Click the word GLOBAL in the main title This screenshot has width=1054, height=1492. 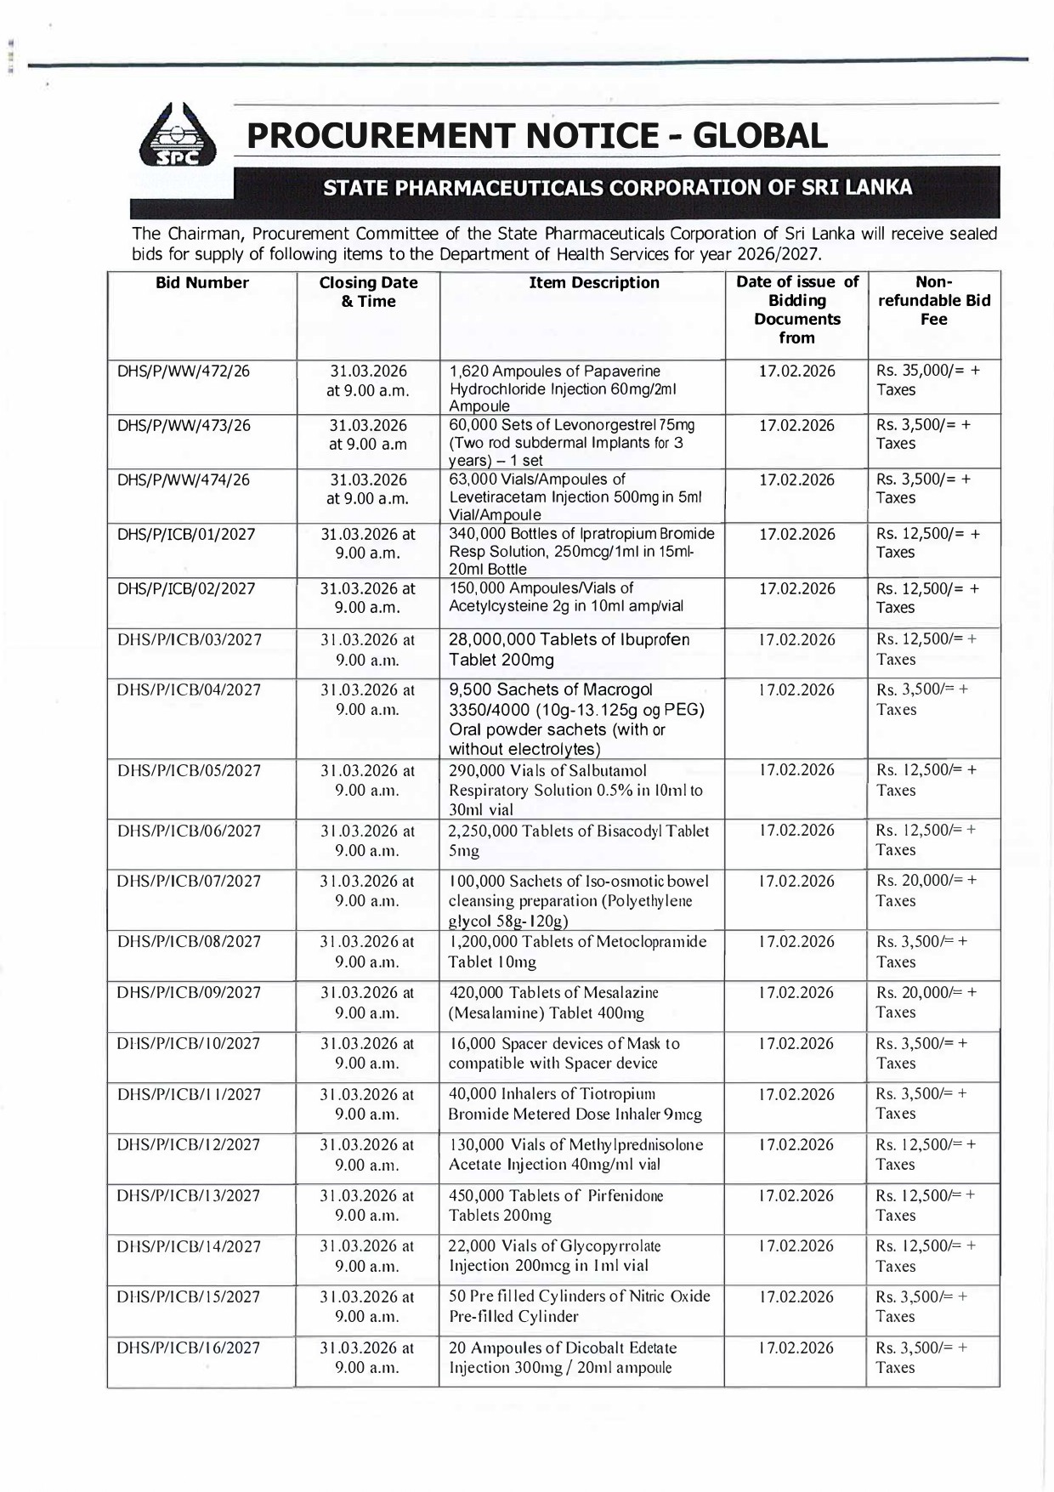(x=760, y=136)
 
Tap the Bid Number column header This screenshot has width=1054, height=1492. (x=202, y=283)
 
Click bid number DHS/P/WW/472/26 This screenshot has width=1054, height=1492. (x=184, y=372)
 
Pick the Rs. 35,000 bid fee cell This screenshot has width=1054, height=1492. (x=927, y=381)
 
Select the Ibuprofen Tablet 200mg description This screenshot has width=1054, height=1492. (x=569, y=650)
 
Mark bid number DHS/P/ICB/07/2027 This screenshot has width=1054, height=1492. (x=189, y=882)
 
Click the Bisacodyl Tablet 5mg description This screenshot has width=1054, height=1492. (x=578, y=840)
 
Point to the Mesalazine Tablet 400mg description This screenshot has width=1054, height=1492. (x=552, y=1002)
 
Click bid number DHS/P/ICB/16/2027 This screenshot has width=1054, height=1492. (x=189, y=1348)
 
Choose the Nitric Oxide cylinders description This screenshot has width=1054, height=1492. (x=579, y=1307)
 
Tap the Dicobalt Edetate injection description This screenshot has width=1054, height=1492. (x=562, y=1358)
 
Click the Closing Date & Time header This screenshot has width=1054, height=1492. (x=368, y=292)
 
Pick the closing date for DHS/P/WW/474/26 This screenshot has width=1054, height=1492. (x=368, y=489)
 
